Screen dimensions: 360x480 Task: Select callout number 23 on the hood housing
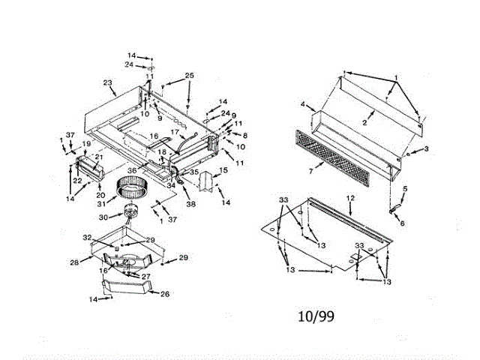tap(107, 84)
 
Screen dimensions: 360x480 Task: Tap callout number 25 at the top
tap(189, 76)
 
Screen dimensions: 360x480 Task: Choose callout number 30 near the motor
tap(104, 217)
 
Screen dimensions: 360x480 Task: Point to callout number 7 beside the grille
tap(289, 171)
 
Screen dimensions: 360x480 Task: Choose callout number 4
tap(303, 103)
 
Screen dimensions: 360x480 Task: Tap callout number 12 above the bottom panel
tap(349, 197)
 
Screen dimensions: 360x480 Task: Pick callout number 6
tap(401, 223)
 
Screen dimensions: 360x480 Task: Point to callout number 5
tap(405, 189)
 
